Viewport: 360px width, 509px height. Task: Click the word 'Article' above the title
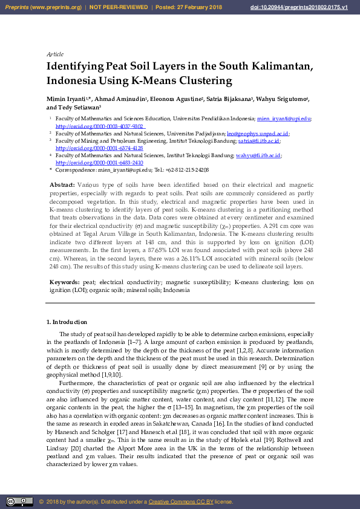pos(55,54)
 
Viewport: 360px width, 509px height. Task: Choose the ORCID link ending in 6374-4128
pos(99,148)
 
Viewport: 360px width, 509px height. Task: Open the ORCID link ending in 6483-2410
pos(99,163)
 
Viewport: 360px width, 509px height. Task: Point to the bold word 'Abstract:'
pos(62,184)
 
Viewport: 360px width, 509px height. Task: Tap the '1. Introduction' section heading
pos(67,322)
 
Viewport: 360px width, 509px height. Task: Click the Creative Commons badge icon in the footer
pos(19,502)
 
